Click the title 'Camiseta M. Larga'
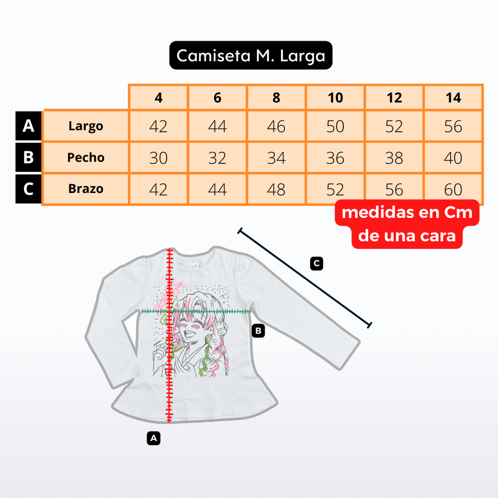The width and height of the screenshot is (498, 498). point(250,55)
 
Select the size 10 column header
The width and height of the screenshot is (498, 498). point(336,97)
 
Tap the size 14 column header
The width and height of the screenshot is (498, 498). point(453,97)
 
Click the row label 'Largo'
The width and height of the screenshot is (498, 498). point(86,126)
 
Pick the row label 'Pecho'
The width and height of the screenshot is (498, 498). point(86,158)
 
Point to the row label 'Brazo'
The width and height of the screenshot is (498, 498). point(86,189)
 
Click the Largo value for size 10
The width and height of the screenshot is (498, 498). point(336,126)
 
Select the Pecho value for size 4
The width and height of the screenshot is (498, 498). point(158,158)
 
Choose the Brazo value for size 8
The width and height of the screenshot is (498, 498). point(276,189)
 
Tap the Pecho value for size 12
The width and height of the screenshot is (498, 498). point(394,158)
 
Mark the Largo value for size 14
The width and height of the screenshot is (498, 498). point(453,126)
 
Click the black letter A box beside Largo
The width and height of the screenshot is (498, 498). point(28,126)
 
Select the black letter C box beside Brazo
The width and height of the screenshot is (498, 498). point(28,189)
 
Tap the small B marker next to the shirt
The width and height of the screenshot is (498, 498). point(258,331)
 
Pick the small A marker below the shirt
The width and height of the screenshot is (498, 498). point(154,438)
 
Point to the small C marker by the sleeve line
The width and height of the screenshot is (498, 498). point(317,264)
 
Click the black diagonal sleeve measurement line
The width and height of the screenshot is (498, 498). point(304,278)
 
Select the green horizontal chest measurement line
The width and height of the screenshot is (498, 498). point(196,311)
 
